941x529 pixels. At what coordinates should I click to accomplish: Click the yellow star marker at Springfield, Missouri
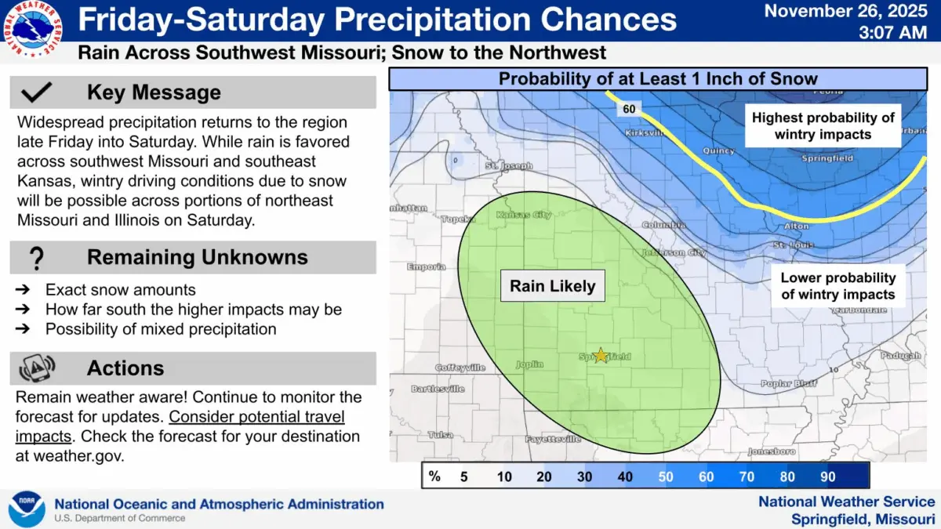point(601,355)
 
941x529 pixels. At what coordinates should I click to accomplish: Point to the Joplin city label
point(529,364)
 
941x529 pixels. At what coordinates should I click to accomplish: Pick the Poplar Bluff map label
point(788,384)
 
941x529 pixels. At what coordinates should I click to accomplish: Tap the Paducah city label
point(900,356)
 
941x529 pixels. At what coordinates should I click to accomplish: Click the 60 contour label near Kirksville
point(630,110)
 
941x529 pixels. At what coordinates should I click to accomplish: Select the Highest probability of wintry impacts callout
point(823,125)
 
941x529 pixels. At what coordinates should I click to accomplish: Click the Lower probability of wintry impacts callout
point(837,286)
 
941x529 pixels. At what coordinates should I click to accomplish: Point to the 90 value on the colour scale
point(827,476)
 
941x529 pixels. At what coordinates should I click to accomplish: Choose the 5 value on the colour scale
point(463,476)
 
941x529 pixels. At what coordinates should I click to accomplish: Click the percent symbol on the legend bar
point(434,476)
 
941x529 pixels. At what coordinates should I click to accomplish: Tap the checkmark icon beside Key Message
point(37,92)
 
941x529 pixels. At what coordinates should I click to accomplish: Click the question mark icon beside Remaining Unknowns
point(37,258)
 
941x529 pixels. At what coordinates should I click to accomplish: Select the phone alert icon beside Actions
point(37,368)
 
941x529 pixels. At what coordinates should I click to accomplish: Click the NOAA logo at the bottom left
point(27,509)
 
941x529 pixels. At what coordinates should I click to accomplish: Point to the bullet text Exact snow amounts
point(120,290)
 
